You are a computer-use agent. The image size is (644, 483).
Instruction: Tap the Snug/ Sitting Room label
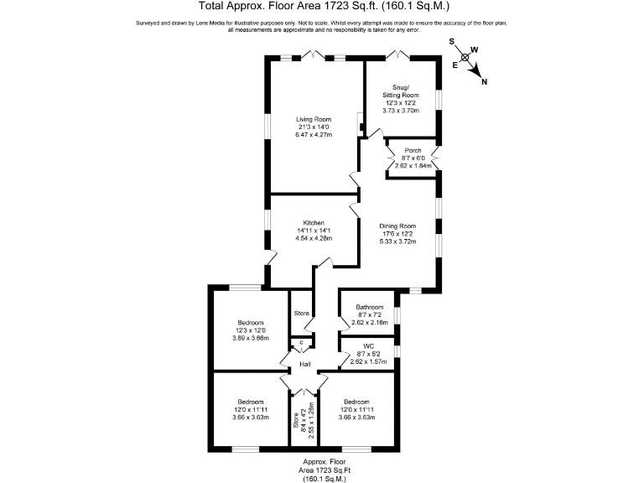400,91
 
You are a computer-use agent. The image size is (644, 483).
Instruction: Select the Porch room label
412,150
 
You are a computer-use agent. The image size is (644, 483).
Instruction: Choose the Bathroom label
369,307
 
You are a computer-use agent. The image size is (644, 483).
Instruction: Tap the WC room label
369,345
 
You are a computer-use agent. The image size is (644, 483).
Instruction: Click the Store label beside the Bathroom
301,314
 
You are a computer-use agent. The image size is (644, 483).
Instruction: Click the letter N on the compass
486,80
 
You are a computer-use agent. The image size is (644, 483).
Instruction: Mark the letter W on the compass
474,49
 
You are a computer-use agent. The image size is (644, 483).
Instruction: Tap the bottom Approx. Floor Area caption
323,470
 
